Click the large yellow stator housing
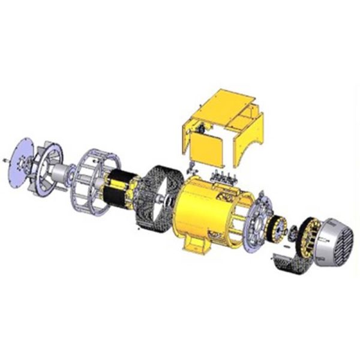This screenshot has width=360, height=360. tap(207, 207)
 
